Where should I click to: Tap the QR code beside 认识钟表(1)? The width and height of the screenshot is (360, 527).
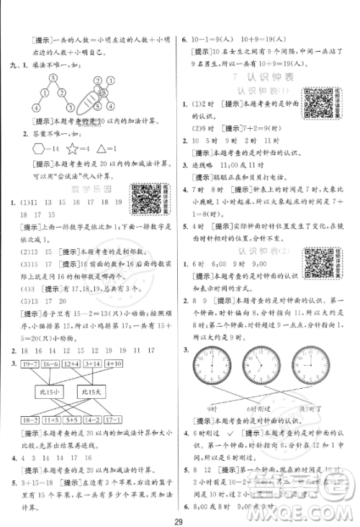[x=316, y=102]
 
